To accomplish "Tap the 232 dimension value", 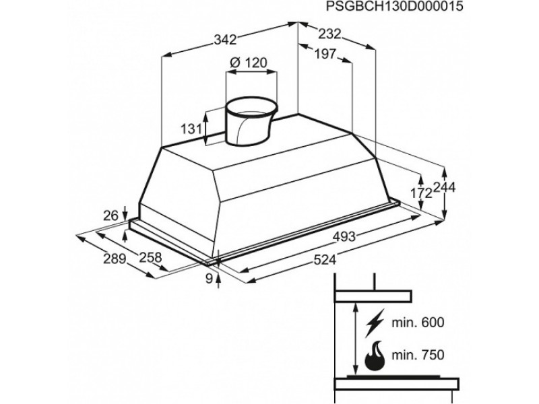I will (x=329, y=34).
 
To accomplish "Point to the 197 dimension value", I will (x=324, y=55).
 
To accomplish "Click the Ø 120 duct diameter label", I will (x=249, y=63).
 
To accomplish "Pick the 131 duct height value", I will (x=192, y=129).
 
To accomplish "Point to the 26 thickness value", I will (x=110, y=216).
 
